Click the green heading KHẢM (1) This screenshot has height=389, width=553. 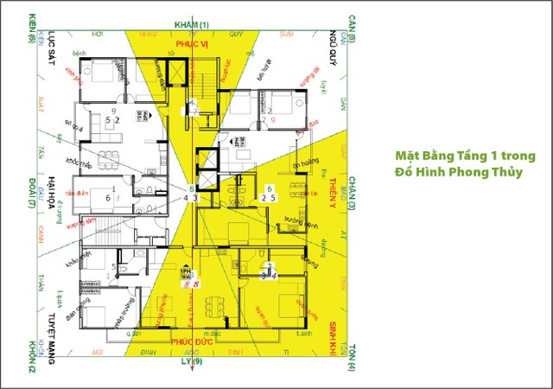tap(192, 22)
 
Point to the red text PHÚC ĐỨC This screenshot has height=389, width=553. tap(189, 341)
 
